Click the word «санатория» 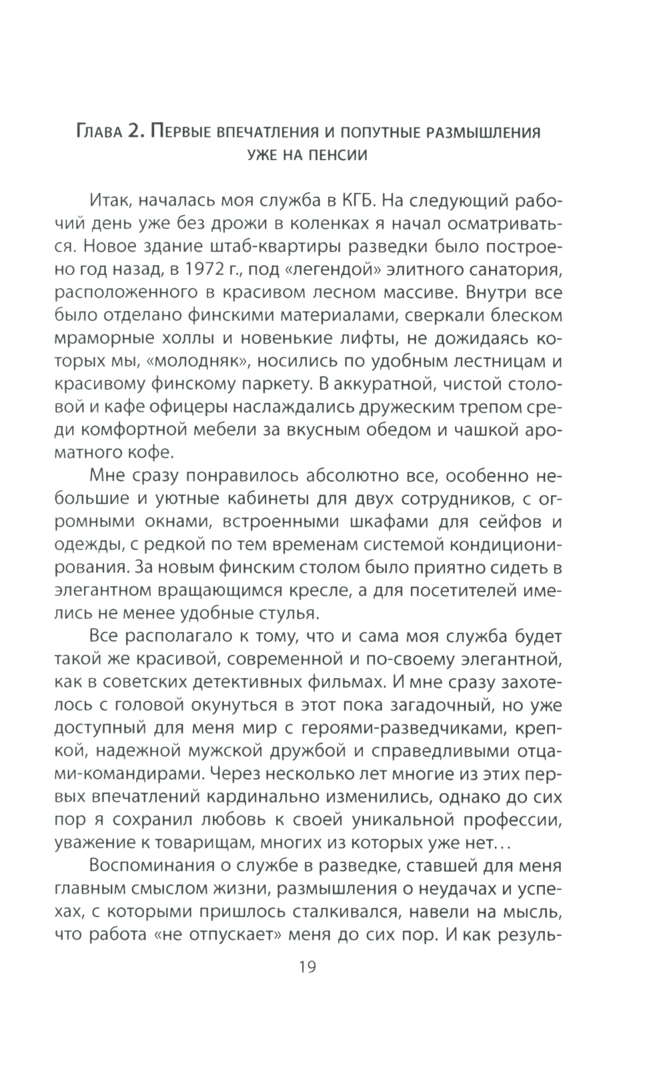pyautogui.click(x=510, y=270)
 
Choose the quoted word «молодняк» pyautogui.click(x=208, y=362)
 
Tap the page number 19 pyautogui.click(x=305, y=967)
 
